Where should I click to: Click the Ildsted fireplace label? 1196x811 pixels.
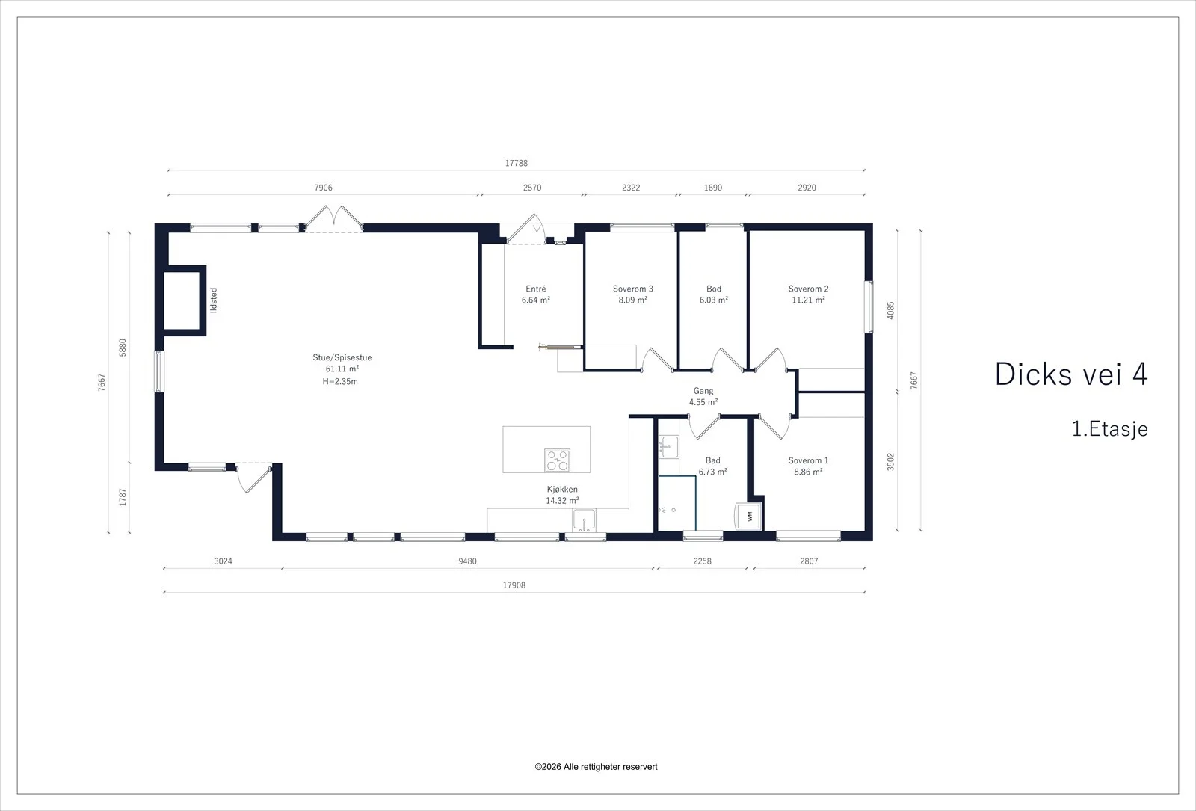[x=214, y=300]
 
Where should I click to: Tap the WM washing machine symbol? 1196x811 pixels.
[x=748, y=516]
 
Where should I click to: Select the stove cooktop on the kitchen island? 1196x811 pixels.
[x=557, y=460]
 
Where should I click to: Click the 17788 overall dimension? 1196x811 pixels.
[x=517, y=163]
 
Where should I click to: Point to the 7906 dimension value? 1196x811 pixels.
[x=323, y=188]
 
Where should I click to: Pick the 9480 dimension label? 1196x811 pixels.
[x=467, y=561]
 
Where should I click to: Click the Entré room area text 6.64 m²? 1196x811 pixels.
[x=535, y=300]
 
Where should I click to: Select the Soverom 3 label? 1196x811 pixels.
[x=632, y=289]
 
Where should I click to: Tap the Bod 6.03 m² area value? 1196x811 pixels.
[x=714, y=300]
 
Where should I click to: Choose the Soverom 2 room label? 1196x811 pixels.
[x=808, y=289]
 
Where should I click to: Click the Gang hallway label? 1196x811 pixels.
[x=703, y=392]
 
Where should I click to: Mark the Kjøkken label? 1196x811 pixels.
[x=562, y=489]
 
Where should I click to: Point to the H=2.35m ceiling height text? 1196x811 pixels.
[x=340, y=381]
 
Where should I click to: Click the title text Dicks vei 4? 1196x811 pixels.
[x=1071, y=374]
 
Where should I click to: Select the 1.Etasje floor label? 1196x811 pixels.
[x=1110, y=429]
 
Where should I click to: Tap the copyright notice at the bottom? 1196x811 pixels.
[x=596, y=767]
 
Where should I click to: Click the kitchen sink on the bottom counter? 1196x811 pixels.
[x=584, y=520]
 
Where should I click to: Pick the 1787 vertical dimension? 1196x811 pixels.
[x=123, y=497]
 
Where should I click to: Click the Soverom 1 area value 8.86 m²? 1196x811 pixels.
[x=808, y=472]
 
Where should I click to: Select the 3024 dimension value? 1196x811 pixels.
[x=224, y=561]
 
